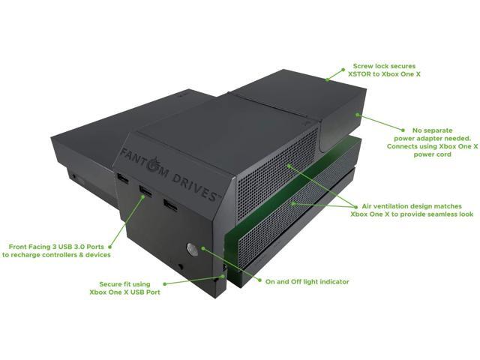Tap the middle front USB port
144,192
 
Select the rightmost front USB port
170,204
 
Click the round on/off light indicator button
191,250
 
